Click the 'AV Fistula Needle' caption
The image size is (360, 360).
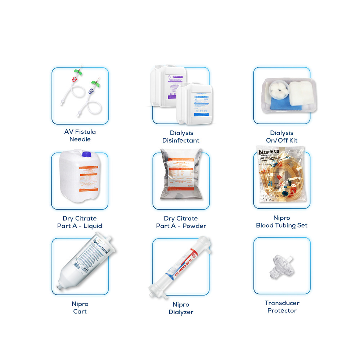pos(80,135)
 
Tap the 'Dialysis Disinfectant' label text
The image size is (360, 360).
pos(181,136)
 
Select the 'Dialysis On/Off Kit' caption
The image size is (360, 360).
pos(282,136)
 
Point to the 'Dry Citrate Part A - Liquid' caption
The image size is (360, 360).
pos(80,222)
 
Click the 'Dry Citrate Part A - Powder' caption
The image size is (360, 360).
pos(181,222)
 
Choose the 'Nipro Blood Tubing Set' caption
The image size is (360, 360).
pos(282,221)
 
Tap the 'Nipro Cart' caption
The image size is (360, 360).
pos(80,308)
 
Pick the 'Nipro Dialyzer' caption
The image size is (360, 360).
pos(181,309)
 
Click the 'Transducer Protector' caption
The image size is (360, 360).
pos(282,307)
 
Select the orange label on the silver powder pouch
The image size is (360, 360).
pos(181,179)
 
